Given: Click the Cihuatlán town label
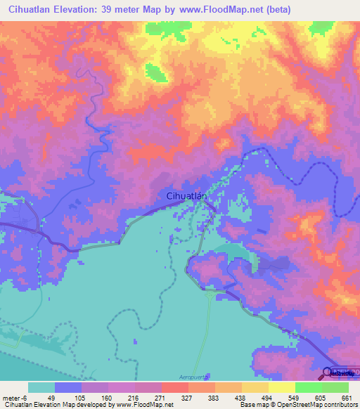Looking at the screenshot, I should (x=186, y=196).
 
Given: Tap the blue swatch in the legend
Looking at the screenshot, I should (x=68, y=387).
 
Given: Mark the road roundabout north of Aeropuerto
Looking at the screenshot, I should (x=209, y=296).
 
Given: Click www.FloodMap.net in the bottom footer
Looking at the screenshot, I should (x=141, y=405).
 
